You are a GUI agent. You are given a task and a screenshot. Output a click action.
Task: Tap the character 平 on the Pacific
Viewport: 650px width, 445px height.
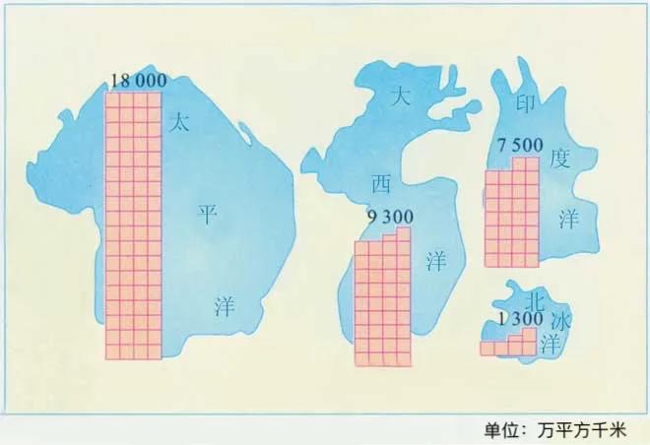[x=207, y=215]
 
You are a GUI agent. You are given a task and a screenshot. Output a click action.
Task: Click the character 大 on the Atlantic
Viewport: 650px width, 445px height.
[x=399, y=95]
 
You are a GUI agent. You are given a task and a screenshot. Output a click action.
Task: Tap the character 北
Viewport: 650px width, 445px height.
[x=535, y=296]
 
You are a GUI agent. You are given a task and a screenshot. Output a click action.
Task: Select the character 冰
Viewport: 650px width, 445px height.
[x=560, y=320]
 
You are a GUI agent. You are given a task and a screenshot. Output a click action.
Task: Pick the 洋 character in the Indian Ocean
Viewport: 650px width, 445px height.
[x=569, y=219]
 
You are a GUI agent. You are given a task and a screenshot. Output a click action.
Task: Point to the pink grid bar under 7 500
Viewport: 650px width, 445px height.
[x=512, y=213]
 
